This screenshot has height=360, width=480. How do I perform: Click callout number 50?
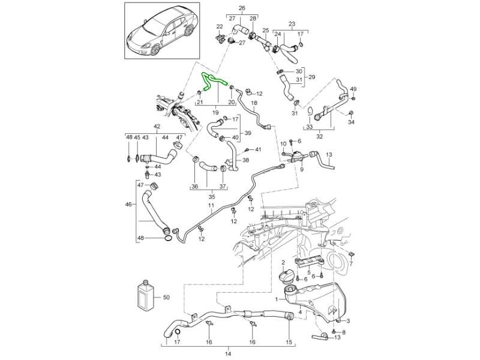(x=166, y=297)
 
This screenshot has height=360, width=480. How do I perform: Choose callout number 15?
(x=289, y=342)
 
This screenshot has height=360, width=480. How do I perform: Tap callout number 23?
(x=292, y=25)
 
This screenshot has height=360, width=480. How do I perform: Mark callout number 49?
(x=353, y=89)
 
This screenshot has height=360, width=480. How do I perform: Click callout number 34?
(x=352, y=122)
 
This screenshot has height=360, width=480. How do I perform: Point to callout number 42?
(x=157, y=127)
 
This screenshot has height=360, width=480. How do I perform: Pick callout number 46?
(x=128, y=205)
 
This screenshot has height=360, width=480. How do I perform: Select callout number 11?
(x=211, y=206)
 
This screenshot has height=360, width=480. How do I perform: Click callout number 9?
(x=302, y=170)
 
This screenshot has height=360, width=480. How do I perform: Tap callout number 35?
(x=211, y=196)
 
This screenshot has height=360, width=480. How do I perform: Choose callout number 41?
(x=259, y=149)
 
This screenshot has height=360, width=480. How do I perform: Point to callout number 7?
(x=351, y=262)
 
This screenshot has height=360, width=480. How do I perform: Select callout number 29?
(x=311, y=77)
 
